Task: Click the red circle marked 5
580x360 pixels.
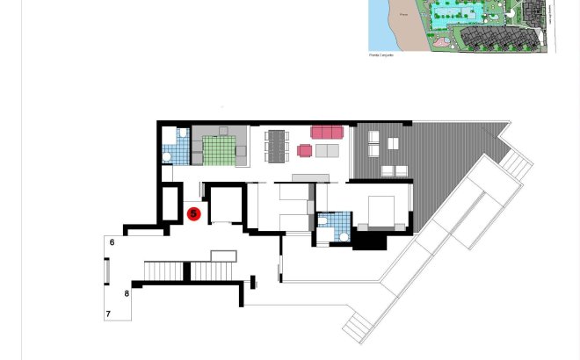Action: coord(194,213)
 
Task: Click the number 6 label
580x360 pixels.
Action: coord(112,242)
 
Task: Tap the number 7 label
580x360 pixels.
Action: coord(109,313)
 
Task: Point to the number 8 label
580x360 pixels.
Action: coord(127,293)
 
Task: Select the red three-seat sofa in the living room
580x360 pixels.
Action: coord(327,132)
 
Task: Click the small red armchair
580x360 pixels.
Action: coord(305,151)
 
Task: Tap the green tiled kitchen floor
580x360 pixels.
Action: coord(219,149)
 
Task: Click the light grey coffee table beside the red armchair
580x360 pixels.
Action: coord(327,151)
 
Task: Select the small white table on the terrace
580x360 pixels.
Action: coord(393,143)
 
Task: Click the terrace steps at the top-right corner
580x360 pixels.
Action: coord(516,163)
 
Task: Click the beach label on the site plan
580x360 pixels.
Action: coord(403,15)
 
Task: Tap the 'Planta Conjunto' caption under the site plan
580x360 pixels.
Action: coord(381,54)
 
